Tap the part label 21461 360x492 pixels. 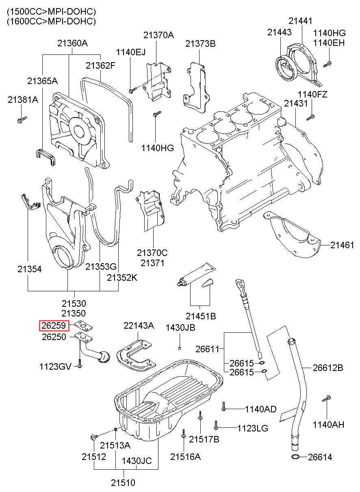coord(342,245)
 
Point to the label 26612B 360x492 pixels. coord(328,368)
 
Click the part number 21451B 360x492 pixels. coord(201,316)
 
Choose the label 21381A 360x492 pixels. coord(23,100)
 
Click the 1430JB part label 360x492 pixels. coord(180,327)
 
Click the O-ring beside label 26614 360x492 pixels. coord(297,457)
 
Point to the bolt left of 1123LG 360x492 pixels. coord(216,426)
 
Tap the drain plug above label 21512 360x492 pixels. coord(93,438)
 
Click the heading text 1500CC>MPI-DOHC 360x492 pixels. coord(51,12)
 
